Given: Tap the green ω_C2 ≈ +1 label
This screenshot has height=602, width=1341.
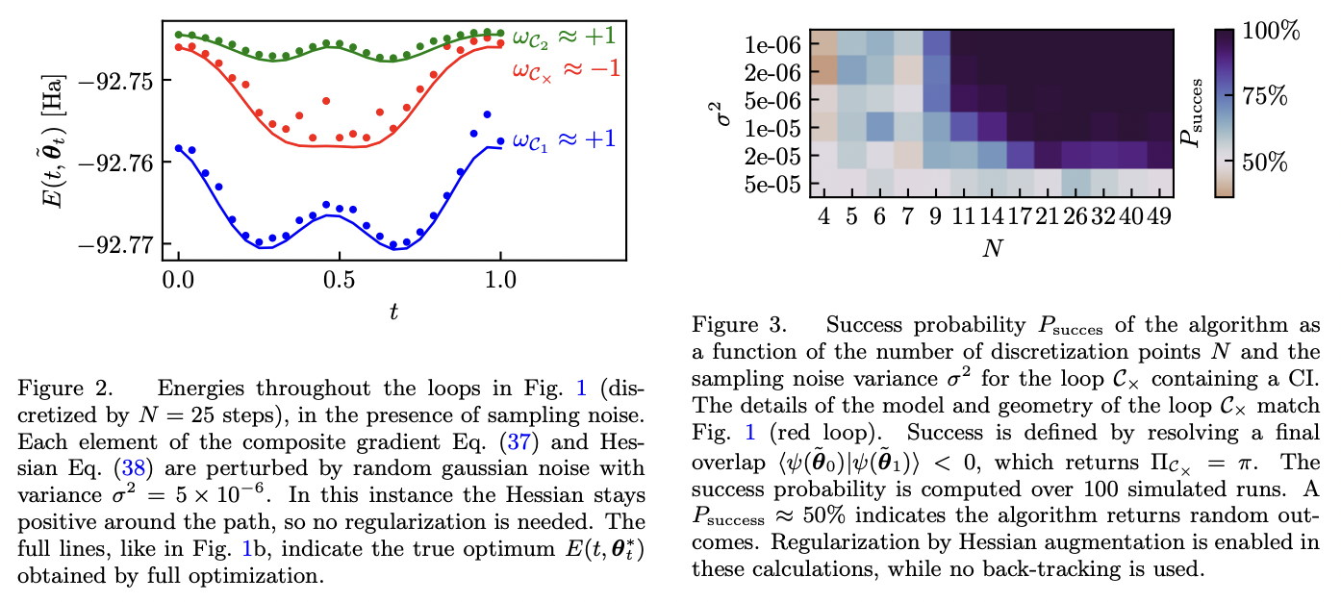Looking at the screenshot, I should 563,38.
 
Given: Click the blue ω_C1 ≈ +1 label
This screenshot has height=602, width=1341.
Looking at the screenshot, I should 563,139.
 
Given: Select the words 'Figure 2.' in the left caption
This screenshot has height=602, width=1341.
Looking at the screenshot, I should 55,389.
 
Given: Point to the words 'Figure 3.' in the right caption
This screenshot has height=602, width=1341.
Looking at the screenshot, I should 728,325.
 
